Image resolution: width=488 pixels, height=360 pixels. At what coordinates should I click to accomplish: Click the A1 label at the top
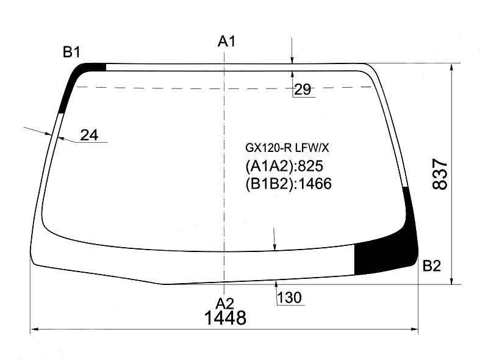tap(226, 41)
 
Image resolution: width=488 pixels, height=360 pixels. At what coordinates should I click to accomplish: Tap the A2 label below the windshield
tap(225, 303)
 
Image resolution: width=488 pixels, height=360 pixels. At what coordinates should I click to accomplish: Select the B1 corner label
tap(71, 52)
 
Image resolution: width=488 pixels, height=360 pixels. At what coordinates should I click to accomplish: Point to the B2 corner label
tap(432, 266)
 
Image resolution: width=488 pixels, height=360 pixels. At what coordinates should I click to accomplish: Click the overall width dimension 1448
tap(225, 318)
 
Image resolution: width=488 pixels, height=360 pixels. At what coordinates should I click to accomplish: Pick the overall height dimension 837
tap(440, 174)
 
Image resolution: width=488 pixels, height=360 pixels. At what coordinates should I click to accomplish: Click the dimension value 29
tap(302, 90)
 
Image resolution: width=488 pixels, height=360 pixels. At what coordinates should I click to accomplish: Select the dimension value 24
tap(89, 135)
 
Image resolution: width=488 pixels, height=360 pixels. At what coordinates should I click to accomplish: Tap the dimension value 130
tap(289, 297)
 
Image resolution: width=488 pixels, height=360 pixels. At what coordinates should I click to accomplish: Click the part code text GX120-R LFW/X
tap(287, 148)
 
